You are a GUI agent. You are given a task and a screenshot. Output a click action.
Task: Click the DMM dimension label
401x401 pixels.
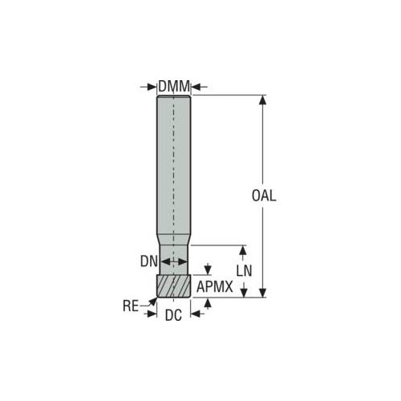[174, 87]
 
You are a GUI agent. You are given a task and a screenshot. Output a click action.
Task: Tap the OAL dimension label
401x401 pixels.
[264, 196]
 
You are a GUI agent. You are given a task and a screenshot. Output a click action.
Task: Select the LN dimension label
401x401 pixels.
[244, 271]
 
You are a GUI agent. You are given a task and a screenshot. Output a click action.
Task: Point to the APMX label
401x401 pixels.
[215, 287]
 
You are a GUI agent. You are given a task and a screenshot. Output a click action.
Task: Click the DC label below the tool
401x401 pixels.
[173, 315]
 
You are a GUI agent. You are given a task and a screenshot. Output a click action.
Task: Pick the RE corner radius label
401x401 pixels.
[131, 306]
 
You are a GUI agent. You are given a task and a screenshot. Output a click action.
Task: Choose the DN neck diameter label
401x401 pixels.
[149, 261]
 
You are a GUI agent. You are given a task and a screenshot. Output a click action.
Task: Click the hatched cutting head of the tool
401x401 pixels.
[173, 286]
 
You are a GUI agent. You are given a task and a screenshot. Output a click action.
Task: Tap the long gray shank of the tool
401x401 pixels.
[174, 166]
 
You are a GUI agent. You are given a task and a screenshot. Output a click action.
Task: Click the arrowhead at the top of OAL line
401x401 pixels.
[263, 99]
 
